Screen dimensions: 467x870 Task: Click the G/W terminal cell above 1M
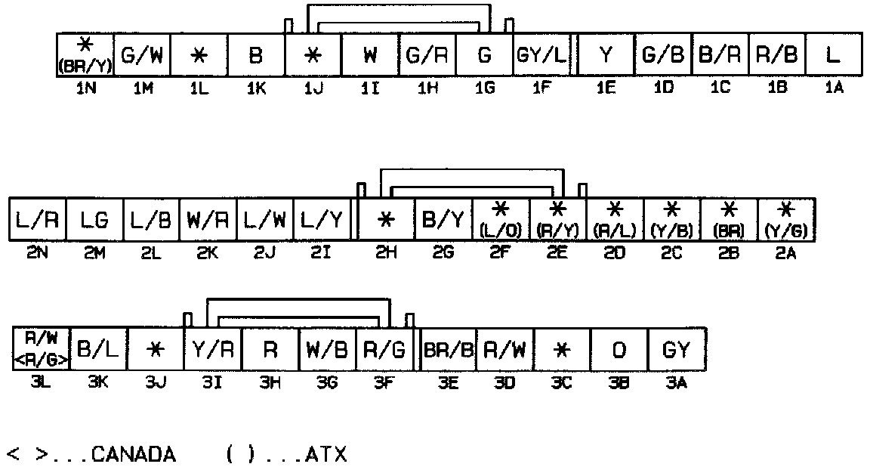pos(142,54)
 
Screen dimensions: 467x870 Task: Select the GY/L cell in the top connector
pos(541,54)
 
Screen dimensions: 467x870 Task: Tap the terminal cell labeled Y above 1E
pos(605,54)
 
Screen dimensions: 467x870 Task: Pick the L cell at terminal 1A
pos(833,54)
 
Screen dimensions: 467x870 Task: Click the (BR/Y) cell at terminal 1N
pos(85,54)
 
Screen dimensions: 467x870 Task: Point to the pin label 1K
pos(255,88)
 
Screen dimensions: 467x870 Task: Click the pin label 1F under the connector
pos(541,88)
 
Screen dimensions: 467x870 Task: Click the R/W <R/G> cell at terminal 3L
pos(42,348)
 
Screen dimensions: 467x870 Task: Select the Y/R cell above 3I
pos(213,348)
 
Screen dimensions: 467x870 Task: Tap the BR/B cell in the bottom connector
pos(447,348)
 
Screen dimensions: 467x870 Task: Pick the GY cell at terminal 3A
pos(676,348)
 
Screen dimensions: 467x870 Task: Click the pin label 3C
pos(562,382)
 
